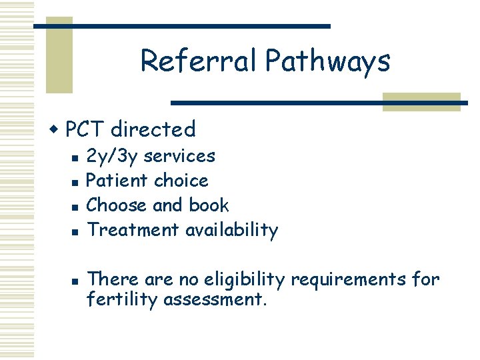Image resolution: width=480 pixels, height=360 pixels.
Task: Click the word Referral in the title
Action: (x=199, y=61)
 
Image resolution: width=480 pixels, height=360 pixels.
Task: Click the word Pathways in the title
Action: (x=327, y=62)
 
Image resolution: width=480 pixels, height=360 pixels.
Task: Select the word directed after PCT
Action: (x=153, y=129)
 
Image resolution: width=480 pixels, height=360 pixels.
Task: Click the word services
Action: (x=179, y=156)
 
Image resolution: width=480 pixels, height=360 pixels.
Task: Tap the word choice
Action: (x=181, y=181)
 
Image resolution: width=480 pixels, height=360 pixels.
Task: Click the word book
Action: (x=209, y=205)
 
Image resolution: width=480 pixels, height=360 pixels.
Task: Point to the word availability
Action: (x=231, y=230)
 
